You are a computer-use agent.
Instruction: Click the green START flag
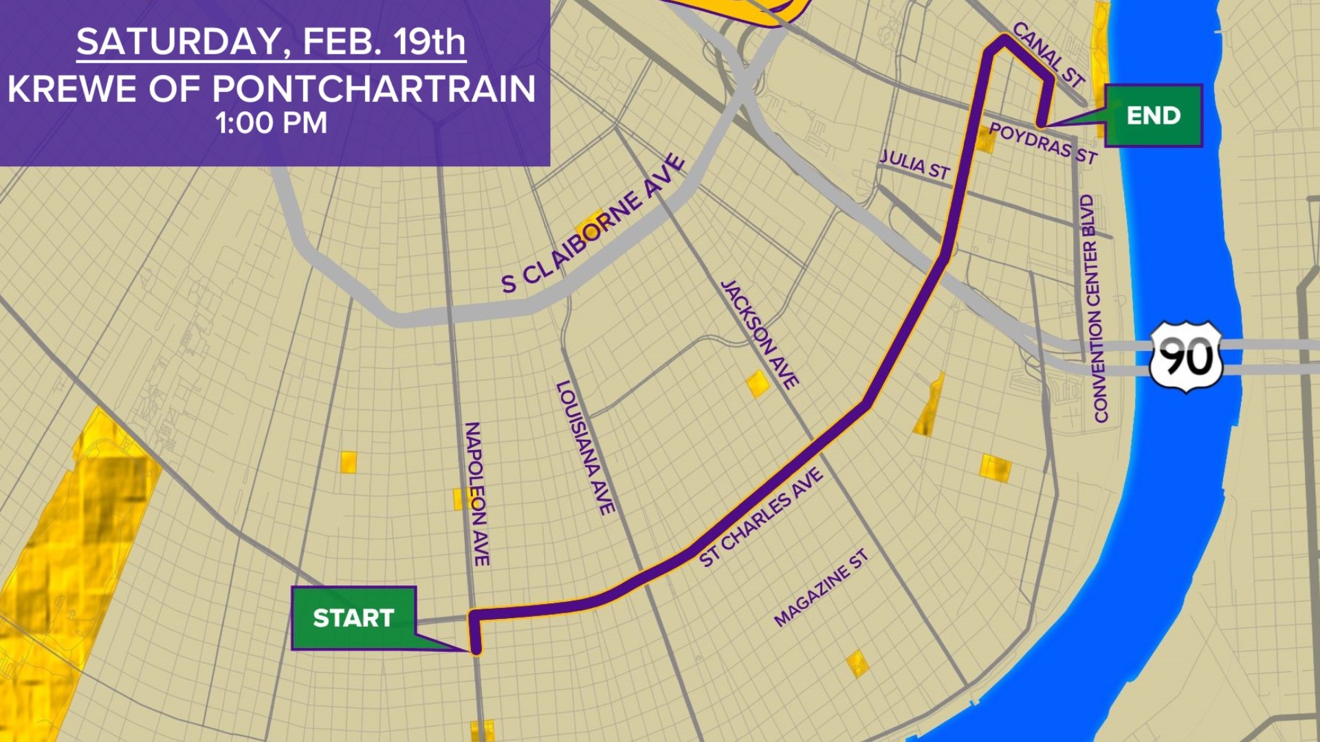click(x=353, y=618)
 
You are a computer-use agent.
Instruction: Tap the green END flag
click(x=1153, y=115)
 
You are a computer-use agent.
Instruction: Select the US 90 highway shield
click(x=1186, y=357)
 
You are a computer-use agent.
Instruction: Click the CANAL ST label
click(x=1048, y=54)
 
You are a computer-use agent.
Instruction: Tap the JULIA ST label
click(x=915, y=165)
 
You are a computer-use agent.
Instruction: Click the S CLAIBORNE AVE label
click(x=593, y=225)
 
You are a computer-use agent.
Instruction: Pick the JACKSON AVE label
click(x=759, y=334)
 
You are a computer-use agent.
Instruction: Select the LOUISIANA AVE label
click(x=585, y=448)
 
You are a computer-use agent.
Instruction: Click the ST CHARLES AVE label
click(x=760, y=517)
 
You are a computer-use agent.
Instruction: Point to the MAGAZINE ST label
click(x=821, y=588)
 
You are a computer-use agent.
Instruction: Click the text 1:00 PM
click(x=271, y=124)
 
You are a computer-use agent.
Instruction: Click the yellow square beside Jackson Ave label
click(x=758, y=383)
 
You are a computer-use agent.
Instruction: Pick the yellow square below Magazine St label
click(x=857, y=664)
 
